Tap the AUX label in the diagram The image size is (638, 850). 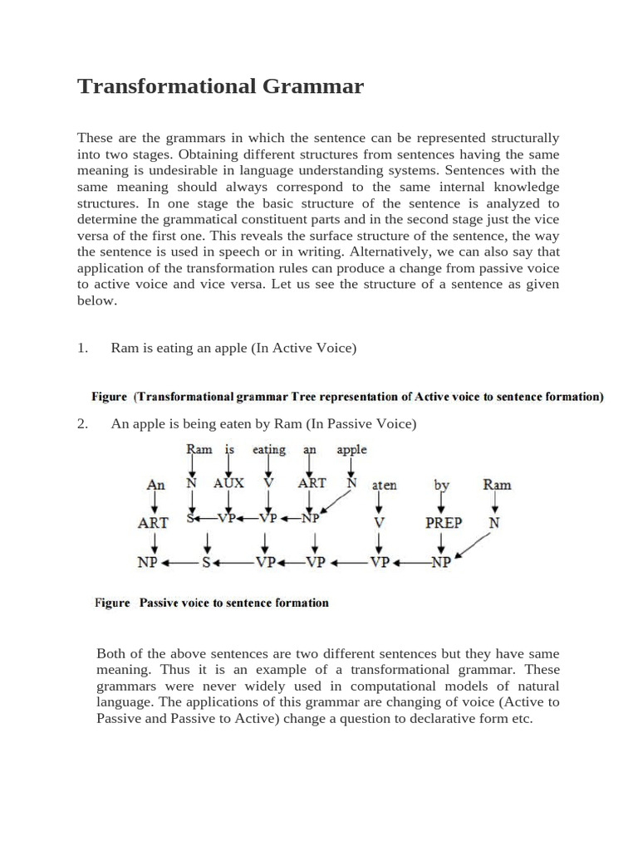[x=228, y=483]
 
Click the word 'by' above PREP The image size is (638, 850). [x=441, y=485]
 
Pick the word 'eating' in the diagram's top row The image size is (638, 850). [x=268, y=450]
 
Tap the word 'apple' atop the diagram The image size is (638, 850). [x=351, y=450]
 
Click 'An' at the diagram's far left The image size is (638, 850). [x=155, y=485]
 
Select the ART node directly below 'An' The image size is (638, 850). [x=153, y=523]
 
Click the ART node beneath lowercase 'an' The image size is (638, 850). [x=312, y=483]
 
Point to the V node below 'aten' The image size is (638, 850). [x=379, y=523]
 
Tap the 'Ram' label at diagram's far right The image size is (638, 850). [x=497, y=485]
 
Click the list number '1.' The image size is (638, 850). [x=83, y=349]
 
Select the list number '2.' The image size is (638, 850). [x=83, y=424]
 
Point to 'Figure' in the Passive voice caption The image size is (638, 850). [x=112, y=603]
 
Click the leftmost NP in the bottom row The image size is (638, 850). [x=147, y=562]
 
